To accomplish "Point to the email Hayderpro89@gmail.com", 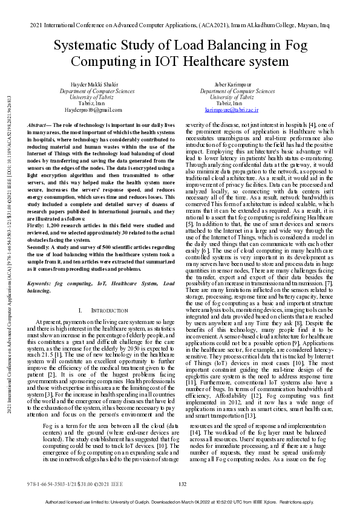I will [93, 109].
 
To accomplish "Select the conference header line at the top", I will [180, 28].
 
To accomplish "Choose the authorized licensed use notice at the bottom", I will [180, 502].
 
